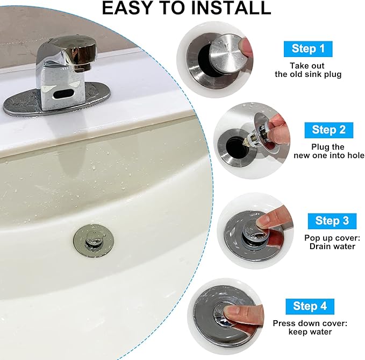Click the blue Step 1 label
point(308,49)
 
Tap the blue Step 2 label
point(328,130)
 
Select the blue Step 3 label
point(332,221)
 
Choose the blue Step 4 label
point(310,306)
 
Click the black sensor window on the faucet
point(63,94)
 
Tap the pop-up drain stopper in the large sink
point(94,239)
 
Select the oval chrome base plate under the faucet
point(56,100)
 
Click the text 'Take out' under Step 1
point(307,66)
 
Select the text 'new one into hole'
point(329,156)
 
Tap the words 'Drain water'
point(332,246)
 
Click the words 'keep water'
point(310,331)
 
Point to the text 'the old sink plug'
point(308,74)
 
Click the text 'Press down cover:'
point(310,323)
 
